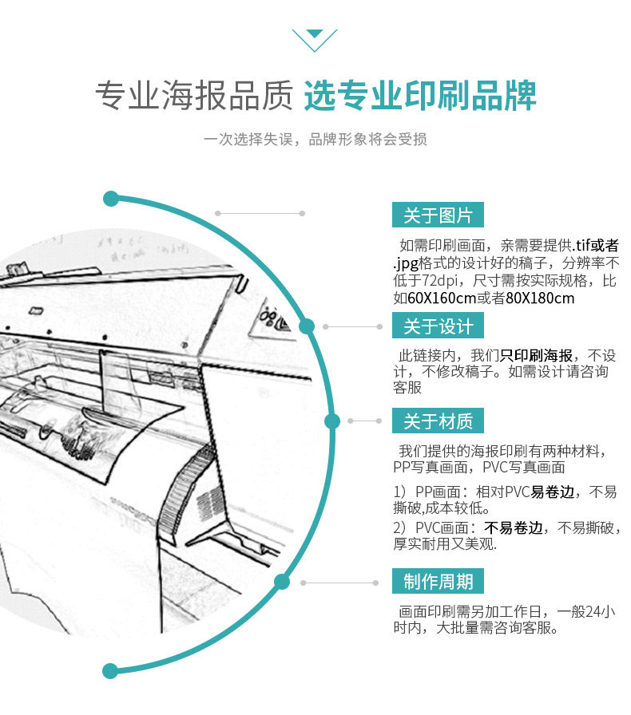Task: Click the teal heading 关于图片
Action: click(x=438, y=215)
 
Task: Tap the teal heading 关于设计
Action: click(x=438, y=326)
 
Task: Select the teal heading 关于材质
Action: click(x=438, y=421)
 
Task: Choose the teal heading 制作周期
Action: click(x=438, y=582)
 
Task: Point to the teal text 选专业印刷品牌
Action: click(x=420, y=95)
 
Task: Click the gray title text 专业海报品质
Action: click(x=193, y=95)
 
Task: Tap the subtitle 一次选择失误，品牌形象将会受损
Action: click(x=315, y=140)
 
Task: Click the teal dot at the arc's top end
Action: click(x=111, y=199)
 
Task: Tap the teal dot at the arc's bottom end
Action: click(x=111, y=670)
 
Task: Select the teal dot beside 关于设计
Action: click(x=307, y=326)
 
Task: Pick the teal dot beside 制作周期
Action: click(x=281, y=582)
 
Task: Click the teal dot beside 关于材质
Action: click(x=331, y=421)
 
